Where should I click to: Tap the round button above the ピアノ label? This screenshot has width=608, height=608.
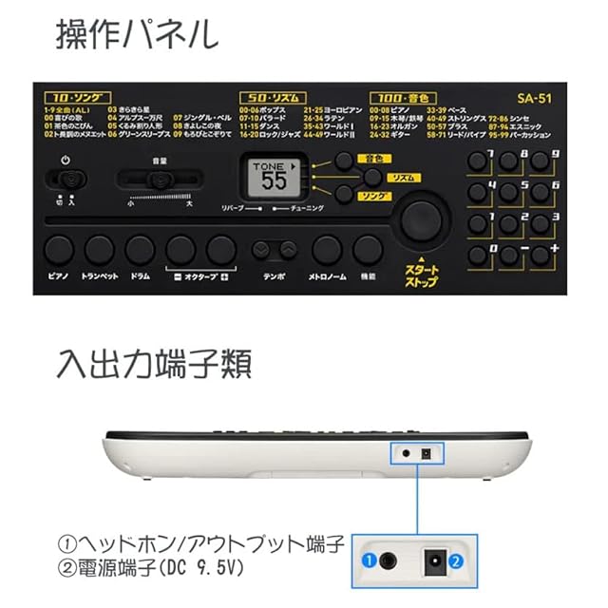(x=58, y=250)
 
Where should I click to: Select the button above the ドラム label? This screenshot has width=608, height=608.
(x=140, y=250)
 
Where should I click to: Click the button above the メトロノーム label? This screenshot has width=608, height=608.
(x=327, y=250)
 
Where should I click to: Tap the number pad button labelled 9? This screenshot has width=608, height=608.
(x=541, y=161)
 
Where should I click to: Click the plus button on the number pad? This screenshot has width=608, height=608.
(x=541, y=255)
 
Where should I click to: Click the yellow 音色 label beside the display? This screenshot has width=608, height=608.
(x=370, y=158)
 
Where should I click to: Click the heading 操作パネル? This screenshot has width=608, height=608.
(x=136, y=35)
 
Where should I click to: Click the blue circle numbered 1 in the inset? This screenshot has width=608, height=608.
(x=366, y=561)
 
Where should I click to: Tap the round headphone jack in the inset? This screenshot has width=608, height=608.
(x=388, y=561)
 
